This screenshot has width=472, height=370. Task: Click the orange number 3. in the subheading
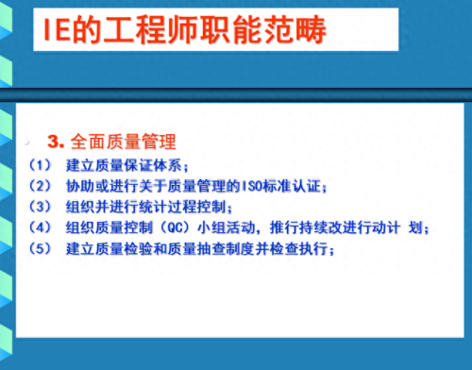point(55,143)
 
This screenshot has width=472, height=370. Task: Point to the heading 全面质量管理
point(123,143)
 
